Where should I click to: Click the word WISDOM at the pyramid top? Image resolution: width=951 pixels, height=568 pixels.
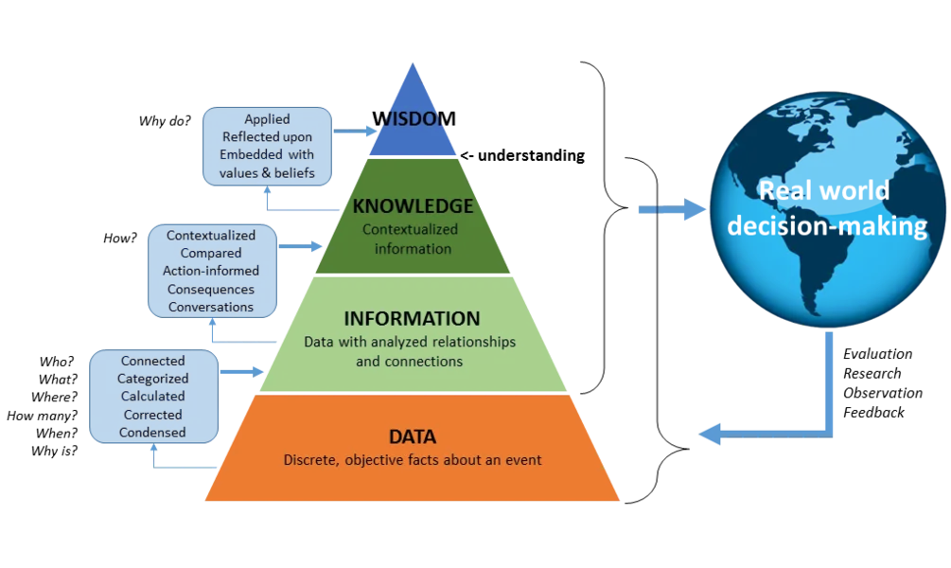[414, 118]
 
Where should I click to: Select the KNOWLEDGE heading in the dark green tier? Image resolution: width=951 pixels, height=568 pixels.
[413, 206]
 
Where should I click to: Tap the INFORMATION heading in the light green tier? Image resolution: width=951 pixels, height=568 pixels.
[412, 319]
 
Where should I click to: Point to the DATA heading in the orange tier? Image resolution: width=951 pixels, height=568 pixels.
[413, 437]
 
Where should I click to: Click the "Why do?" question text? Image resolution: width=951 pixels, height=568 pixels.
[165, 121]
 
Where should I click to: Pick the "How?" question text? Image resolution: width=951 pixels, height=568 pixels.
[120, 238]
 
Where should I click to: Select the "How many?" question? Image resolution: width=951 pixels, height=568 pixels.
[43, 416]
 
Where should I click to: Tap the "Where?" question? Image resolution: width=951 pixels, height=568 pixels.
[55, 397]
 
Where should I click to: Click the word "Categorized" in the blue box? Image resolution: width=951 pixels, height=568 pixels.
[153, 379]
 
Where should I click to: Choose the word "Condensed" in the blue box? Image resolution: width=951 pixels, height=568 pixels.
[152, 433]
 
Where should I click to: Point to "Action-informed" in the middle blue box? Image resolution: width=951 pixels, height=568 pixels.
[211, 271]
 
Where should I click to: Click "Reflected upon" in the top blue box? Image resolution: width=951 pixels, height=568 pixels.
[268, 137]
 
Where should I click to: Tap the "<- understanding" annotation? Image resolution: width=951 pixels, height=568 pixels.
[522, 156]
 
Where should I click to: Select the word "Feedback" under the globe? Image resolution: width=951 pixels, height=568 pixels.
[873, 413]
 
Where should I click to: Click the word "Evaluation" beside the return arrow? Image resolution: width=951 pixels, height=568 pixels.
[877, 354]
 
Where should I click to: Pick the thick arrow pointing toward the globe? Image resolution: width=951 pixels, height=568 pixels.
[672, 209]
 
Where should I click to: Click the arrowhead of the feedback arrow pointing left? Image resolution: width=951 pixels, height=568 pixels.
[710, 435]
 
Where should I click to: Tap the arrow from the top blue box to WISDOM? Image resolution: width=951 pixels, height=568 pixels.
[356, 131]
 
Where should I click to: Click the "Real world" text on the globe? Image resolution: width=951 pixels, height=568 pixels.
[825, 190]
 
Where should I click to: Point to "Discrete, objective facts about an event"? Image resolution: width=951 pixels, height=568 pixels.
[413, 460]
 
